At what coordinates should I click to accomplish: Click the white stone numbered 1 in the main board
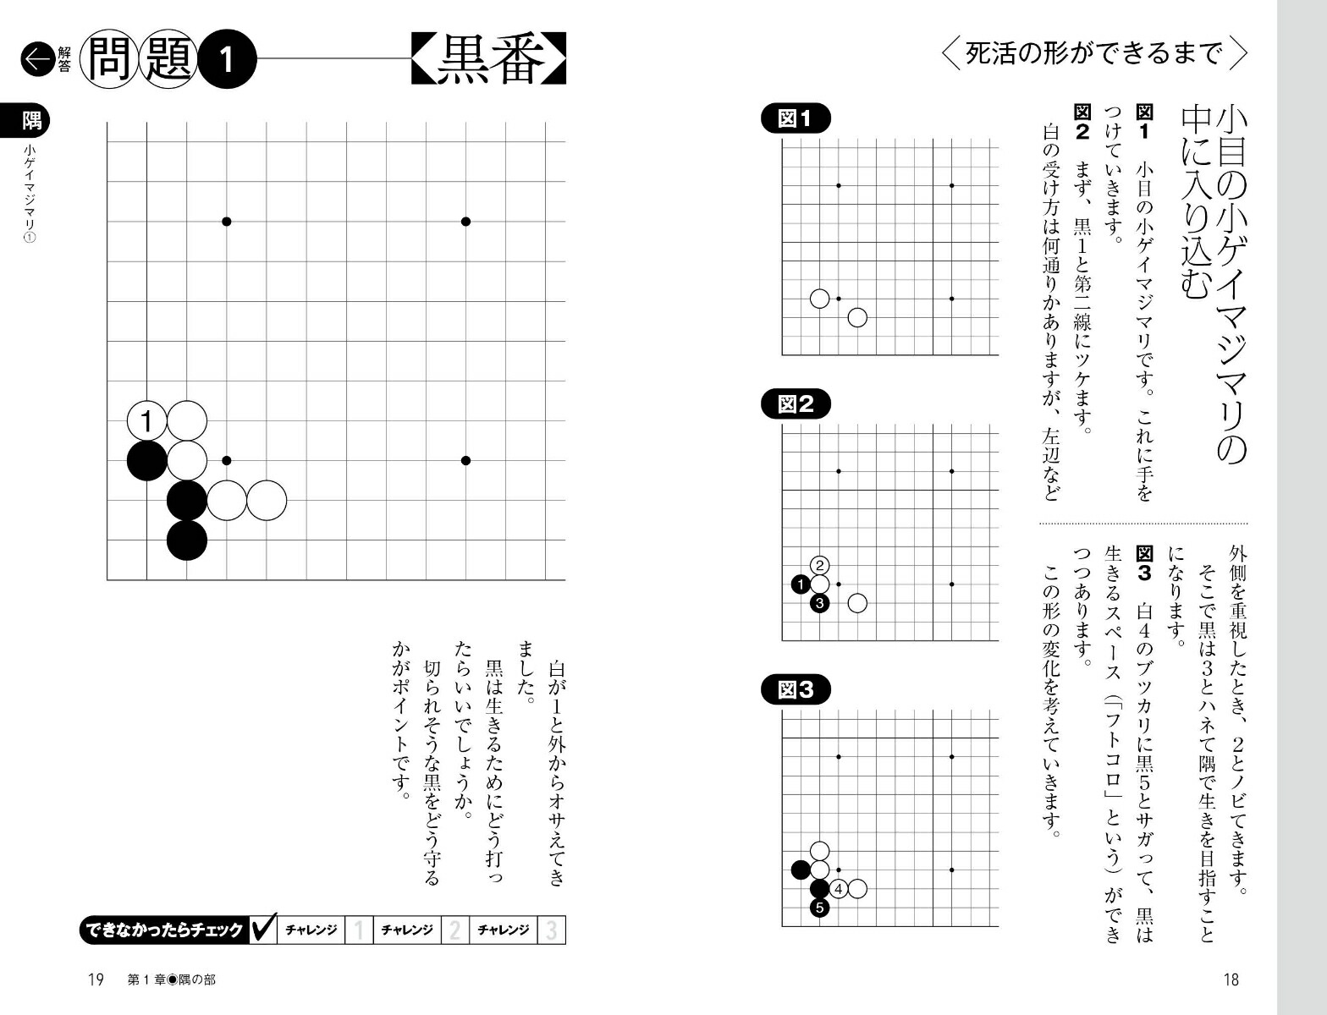click(x=147, y=420)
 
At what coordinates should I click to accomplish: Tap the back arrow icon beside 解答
click(x=38, y=59)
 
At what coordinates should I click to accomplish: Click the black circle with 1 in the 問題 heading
click(x=227, y=59)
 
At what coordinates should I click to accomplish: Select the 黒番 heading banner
click(x=488, y=58)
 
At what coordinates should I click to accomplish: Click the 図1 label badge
click(x=796, y=118)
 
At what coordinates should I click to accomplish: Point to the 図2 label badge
click(x=796, y=403)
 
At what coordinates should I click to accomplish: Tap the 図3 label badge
click(x=796, y=689)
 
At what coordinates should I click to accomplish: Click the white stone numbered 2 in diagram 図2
click(x=820, y=566)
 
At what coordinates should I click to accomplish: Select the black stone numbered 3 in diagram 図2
click(x=820, y=603)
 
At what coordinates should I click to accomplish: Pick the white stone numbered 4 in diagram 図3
click(x=839, y=889)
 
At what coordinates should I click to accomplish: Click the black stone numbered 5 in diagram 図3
click(x=820, y=908)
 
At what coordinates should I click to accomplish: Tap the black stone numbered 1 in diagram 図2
click(x=801, y=584)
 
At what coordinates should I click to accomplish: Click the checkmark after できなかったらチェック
click(x=264, y=928)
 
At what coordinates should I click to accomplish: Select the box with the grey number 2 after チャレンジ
click(x=454, y=930)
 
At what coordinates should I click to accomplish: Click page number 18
click(x=1231, y=980)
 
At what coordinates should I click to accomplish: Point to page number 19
click(x=96, y=980)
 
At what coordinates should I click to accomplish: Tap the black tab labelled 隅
click(x=25, y=121)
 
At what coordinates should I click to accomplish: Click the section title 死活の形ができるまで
click(x=1093, y=54)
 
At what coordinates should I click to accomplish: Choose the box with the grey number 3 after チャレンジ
click(x=551, y=930)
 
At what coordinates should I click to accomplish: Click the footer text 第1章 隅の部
click(x=172, y=980)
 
